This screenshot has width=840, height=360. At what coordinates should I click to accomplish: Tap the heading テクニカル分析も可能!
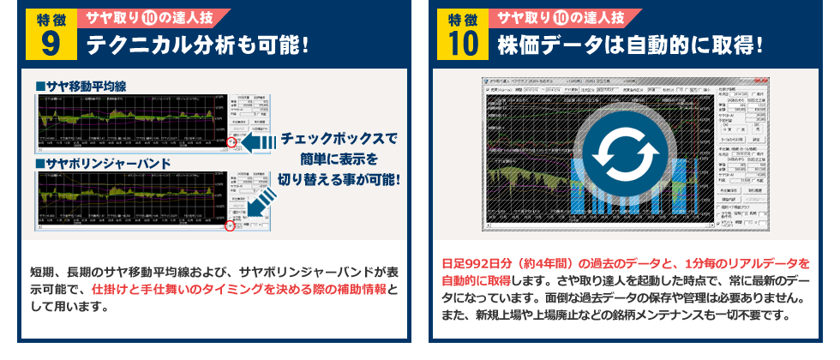196,44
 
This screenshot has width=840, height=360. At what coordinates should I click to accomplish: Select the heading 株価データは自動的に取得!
630,44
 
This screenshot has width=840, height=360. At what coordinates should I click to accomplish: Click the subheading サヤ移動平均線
81,87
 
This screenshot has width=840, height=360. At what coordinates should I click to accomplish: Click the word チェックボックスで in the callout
340,138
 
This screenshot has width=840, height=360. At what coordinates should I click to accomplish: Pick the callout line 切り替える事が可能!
340,180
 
